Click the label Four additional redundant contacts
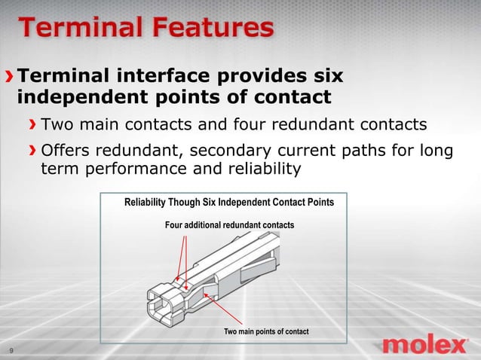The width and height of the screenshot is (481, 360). tap(229, 225)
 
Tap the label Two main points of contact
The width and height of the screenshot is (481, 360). tap(266, 332)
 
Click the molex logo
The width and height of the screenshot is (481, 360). tap(425, 345)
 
